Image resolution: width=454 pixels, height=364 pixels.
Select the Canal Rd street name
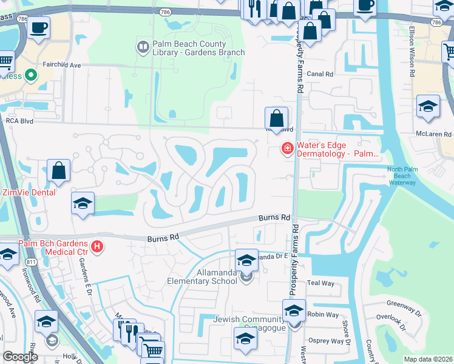point(320,74)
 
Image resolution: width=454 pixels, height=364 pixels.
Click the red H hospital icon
point(97,246)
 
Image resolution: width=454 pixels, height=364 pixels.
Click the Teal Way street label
point(321,283)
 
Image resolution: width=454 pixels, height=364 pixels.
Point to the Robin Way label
point(323,315)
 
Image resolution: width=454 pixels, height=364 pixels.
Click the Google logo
point(20,357)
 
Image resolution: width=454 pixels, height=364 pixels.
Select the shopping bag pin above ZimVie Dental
point(59,171)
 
